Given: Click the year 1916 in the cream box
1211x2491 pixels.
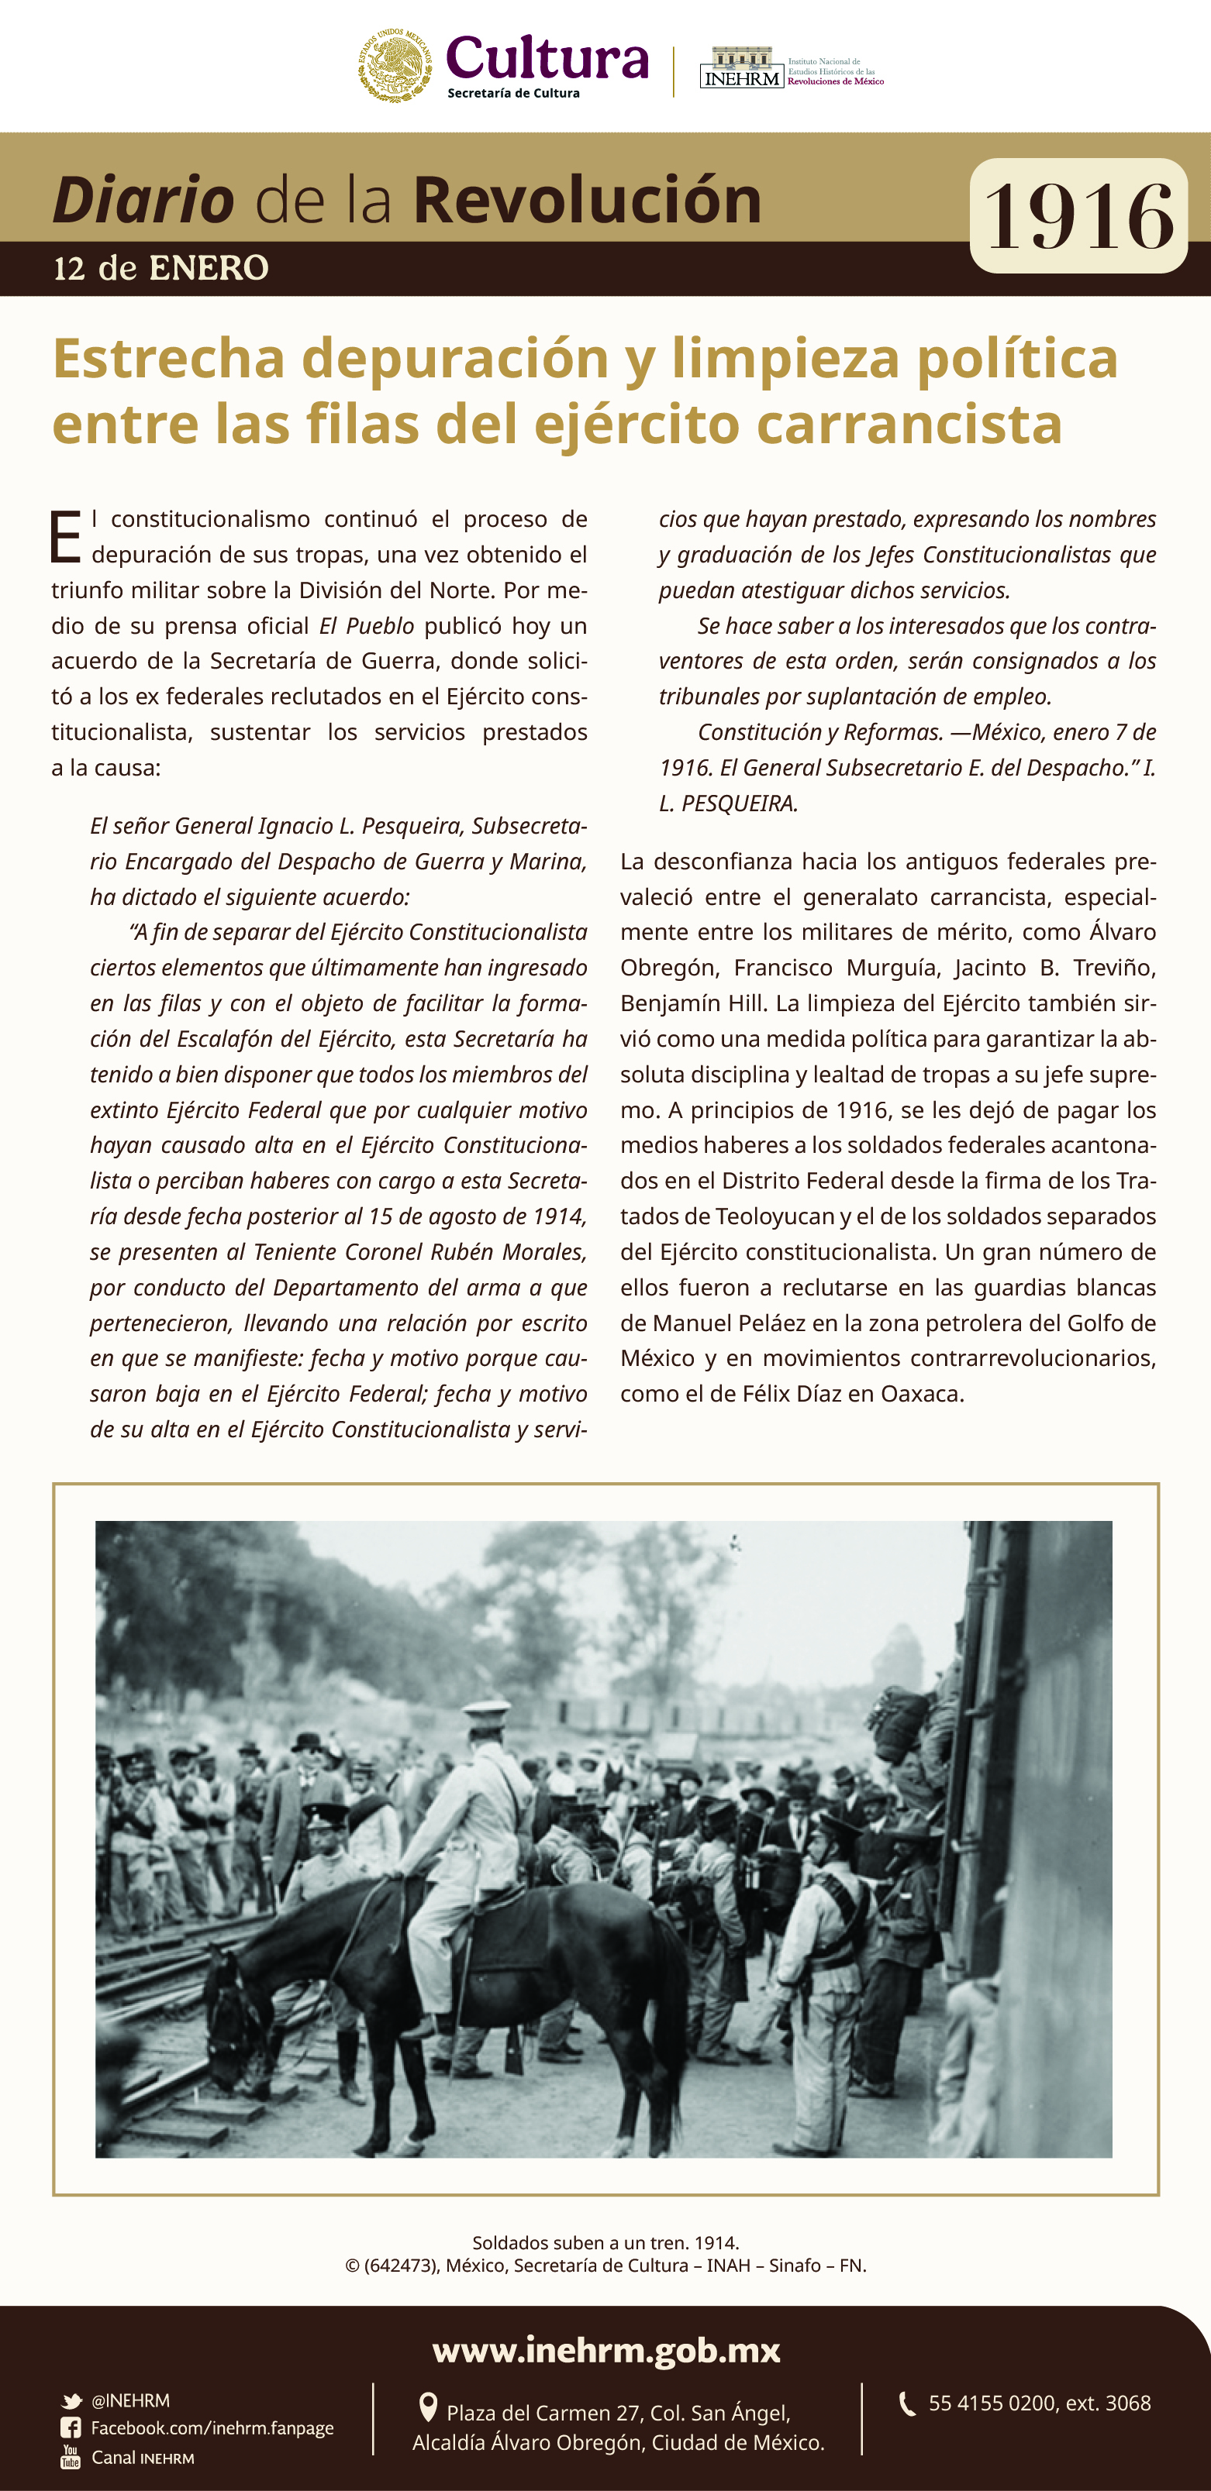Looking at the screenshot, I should [1078, 217].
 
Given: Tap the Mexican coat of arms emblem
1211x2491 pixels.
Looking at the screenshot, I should [395, 66].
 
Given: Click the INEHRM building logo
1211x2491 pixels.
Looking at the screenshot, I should [741, 67].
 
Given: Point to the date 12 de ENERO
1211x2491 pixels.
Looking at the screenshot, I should [160, 268].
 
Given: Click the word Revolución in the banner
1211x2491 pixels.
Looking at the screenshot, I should [587, 200].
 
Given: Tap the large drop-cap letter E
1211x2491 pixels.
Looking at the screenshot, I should [65, 538].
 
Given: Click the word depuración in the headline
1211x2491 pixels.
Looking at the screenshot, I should [454, 359].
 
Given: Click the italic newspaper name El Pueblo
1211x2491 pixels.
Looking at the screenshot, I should [367, 625].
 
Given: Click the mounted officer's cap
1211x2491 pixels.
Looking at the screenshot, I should [487, 1711].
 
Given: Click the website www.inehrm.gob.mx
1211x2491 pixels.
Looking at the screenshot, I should [605, 2350].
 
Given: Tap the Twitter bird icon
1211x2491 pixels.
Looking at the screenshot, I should [71, 2401].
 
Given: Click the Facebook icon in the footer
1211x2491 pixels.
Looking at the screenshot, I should [71, 2427].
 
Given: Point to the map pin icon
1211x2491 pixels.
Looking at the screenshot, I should [427, 2407].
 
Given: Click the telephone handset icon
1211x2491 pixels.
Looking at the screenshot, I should [906, 2403].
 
